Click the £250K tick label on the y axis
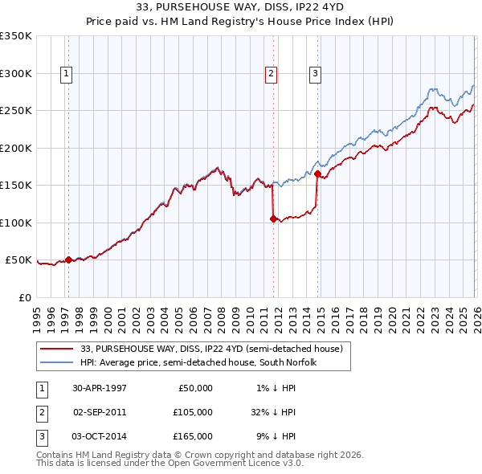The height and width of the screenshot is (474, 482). tap(16, 111)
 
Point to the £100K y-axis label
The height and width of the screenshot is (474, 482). tap(16, 223)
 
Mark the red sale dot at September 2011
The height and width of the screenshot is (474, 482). tap(273, 219)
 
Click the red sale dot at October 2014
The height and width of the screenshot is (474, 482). tap(317, 174)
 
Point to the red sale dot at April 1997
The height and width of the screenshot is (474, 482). tap(69, 259)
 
